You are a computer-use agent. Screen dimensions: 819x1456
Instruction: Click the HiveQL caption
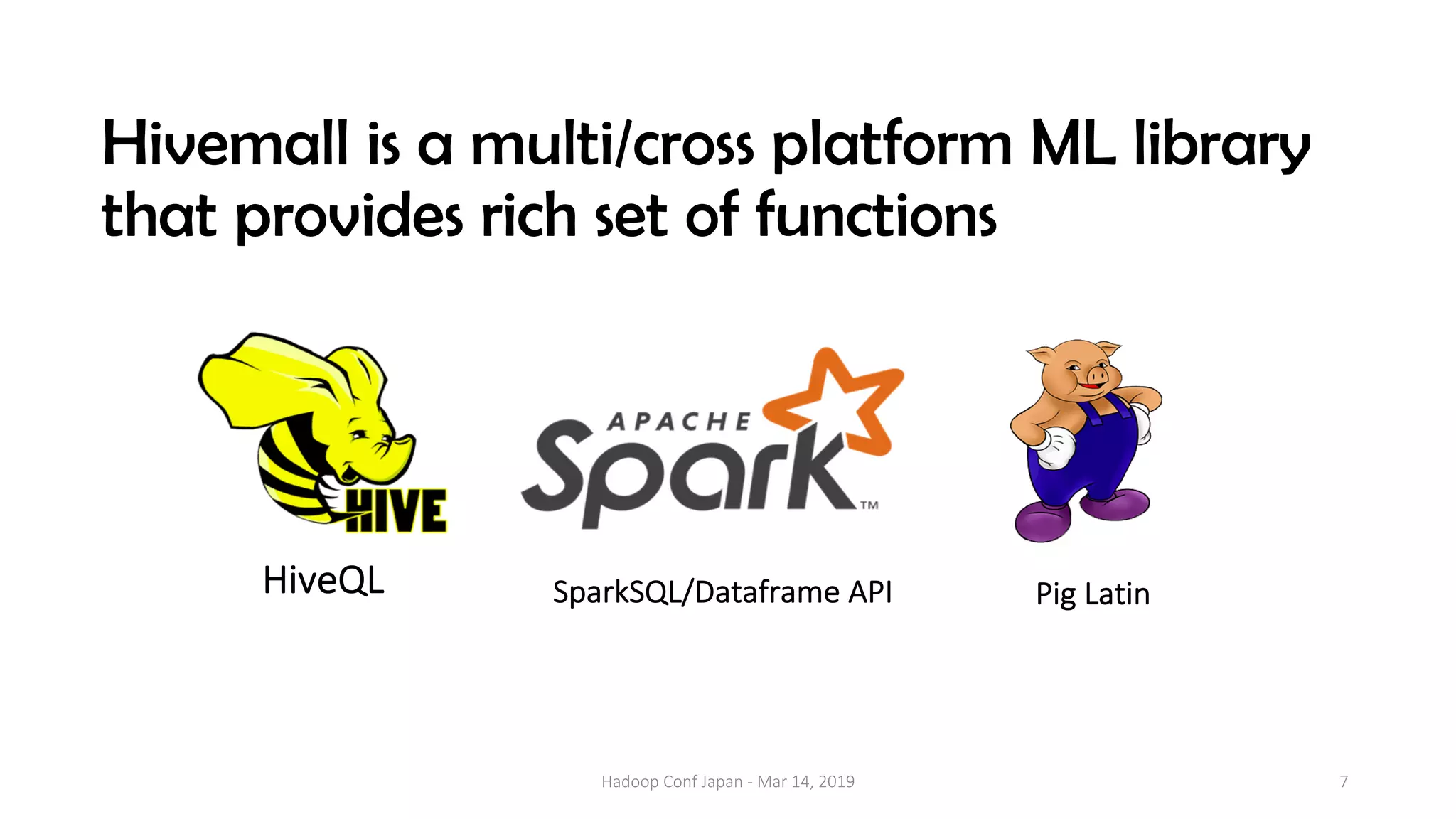point(323,580)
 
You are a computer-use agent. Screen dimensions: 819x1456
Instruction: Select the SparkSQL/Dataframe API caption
point(722,592)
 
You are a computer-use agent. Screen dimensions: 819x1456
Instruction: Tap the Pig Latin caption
point(1092,594)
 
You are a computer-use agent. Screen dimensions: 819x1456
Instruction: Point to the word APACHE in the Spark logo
point(679,422)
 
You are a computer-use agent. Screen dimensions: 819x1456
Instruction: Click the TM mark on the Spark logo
point(869,505)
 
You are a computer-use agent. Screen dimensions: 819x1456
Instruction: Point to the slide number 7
point(1343,781)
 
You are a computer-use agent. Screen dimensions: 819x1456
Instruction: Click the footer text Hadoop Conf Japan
point(671,782)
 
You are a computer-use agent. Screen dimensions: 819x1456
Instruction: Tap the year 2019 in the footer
point(836,782)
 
